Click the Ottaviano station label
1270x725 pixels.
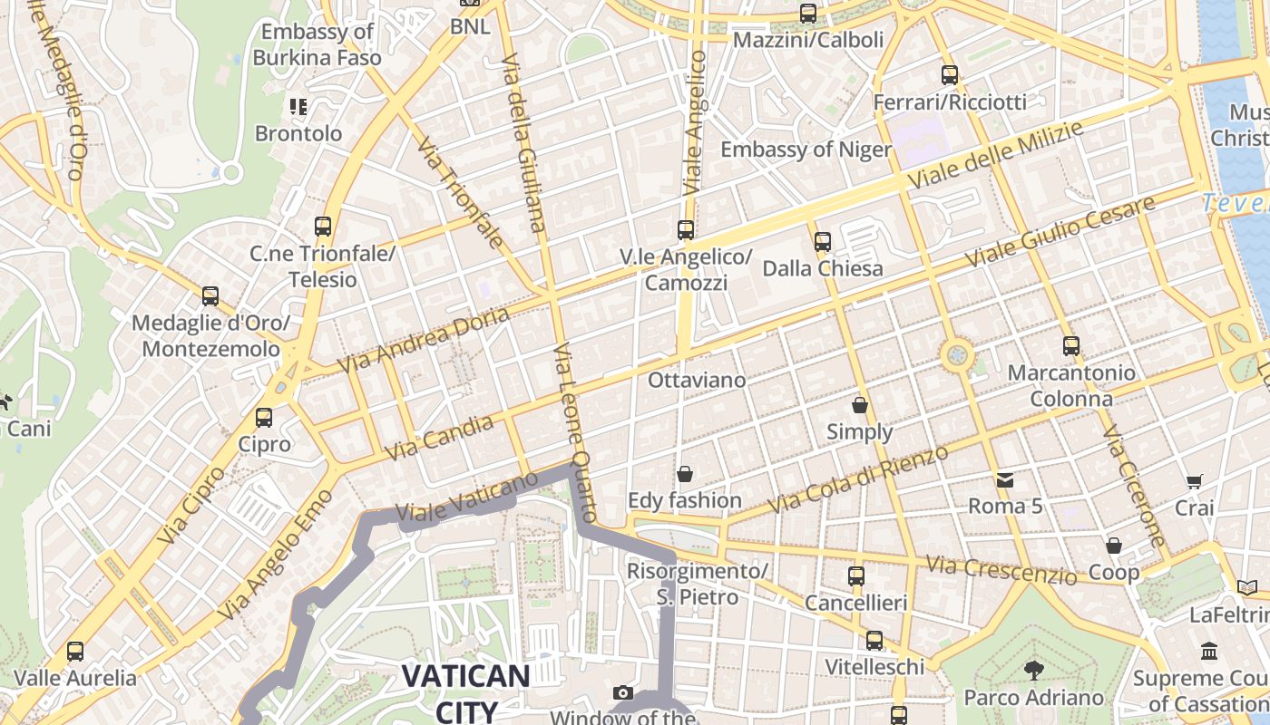697,380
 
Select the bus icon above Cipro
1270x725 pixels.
264,418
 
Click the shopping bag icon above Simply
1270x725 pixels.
860,405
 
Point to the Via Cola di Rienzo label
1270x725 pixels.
858,478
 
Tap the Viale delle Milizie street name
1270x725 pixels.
995,155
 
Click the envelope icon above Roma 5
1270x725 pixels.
1005,479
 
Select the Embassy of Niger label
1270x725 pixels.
806,149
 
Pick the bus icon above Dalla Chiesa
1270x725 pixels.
823,242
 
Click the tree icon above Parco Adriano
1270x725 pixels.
1033,671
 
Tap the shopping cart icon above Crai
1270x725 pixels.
1195,481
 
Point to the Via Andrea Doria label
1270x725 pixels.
424,340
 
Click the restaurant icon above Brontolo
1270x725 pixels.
298,107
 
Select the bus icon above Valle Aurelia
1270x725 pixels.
75,652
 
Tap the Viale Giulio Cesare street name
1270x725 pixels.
1060,231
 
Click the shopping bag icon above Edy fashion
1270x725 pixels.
685,474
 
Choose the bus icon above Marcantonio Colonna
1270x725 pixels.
1071,346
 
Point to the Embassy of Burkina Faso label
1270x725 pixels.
317,44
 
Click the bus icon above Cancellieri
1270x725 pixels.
855,576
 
